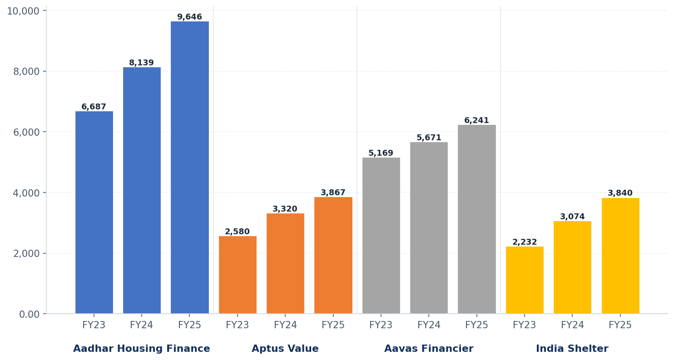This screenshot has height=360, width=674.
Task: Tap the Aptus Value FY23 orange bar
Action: (238, 275)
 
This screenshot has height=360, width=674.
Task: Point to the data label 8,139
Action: (142, 63)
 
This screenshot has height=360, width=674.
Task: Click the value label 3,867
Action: (333, 193)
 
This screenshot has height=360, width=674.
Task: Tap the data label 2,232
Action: (525, 242)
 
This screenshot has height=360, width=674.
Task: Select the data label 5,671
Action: (429, 138)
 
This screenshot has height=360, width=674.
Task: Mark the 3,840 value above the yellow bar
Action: (620, 193)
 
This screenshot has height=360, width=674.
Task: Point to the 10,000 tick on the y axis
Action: (23, 11)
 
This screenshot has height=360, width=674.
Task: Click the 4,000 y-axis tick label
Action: (26, 193)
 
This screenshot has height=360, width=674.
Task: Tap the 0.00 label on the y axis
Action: (30, 314)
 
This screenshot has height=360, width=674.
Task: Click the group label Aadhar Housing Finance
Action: (142, 349)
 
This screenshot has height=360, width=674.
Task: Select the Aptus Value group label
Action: (285, 349)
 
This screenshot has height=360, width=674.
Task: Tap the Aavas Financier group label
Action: (429, 349)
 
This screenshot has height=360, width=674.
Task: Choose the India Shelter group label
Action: (572, 349)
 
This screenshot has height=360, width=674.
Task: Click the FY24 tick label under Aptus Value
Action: (285, 325)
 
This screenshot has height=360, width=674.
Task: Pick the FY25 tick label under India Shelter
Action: (620, 325)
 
